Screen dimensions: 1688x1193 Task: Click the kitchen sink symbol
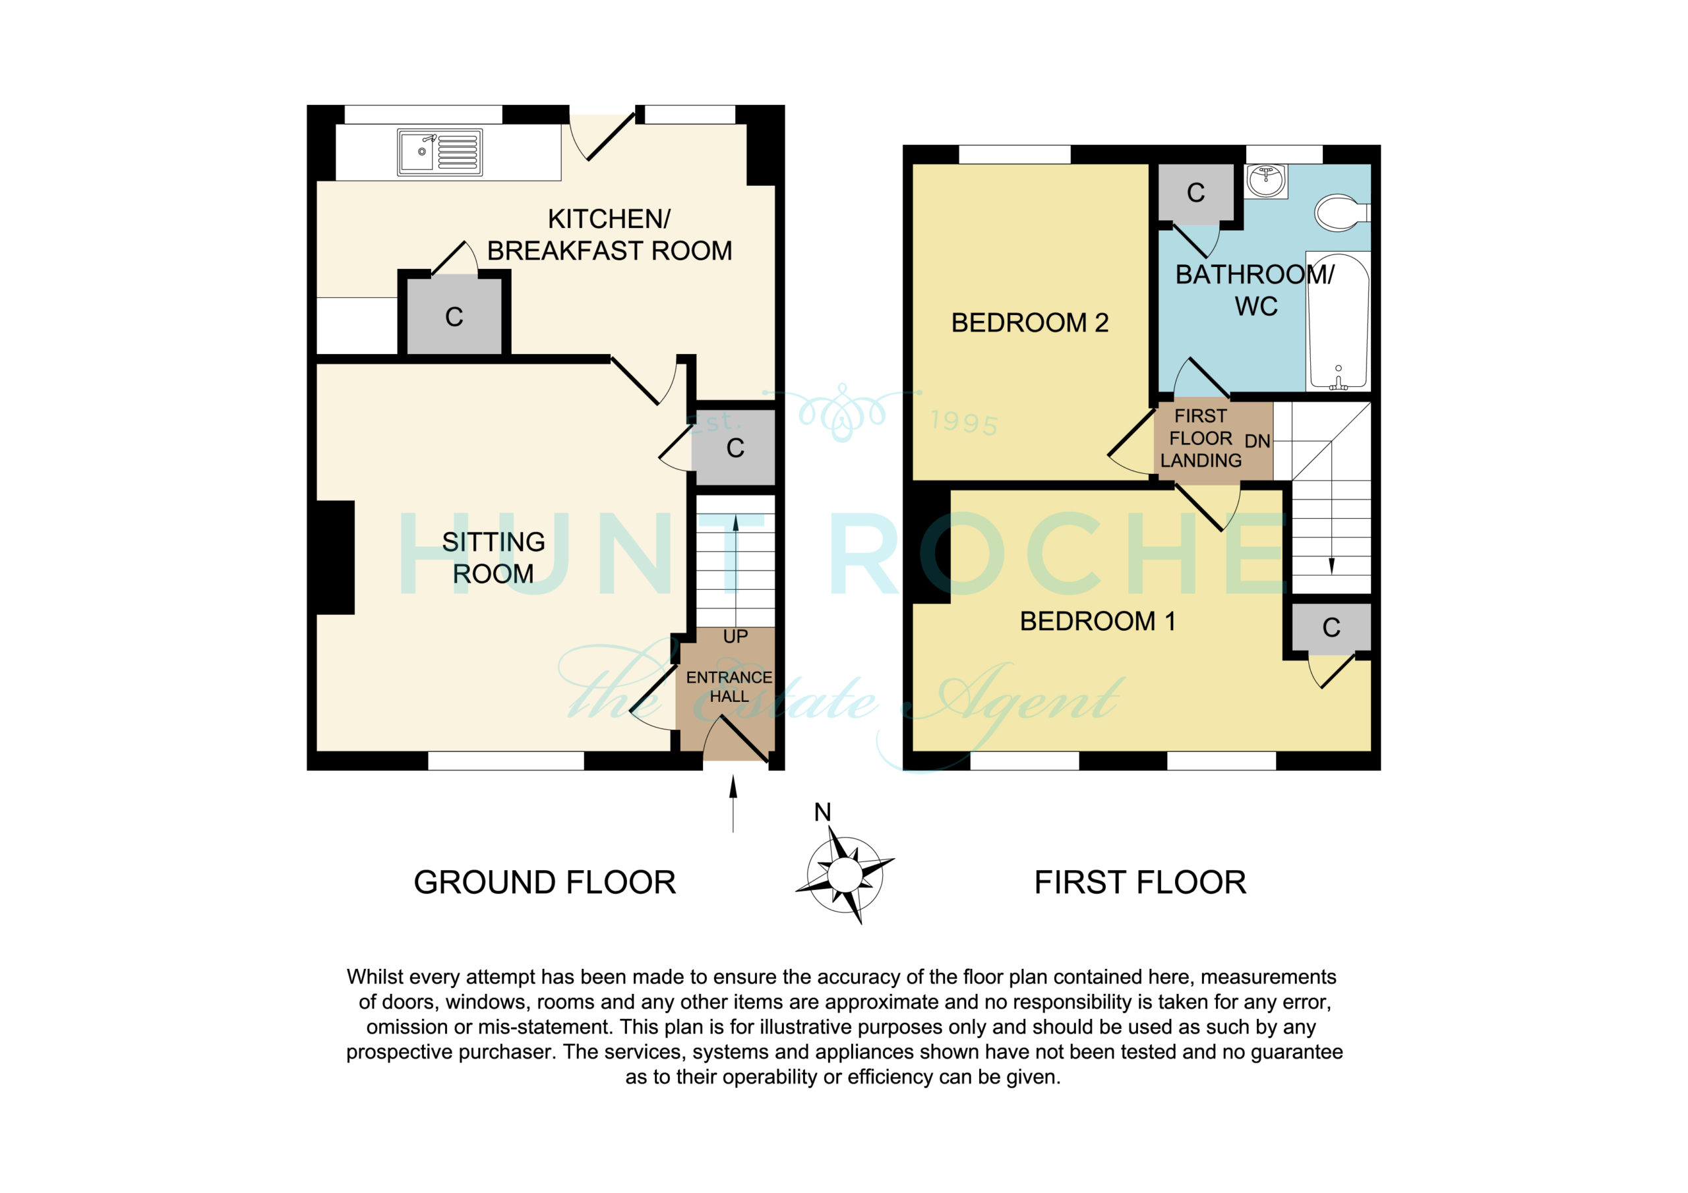[x=440, y=152]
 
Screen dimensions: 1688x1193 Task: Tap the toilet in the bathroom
[x=1342, y=212]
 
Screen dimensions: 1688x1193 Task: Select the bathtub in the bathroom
[x=1338, y=321]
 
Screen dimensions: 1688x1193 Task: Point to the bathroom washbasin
[x=1266, y=181]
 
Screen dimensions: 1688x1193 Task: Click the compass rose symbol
[x=845, y=875]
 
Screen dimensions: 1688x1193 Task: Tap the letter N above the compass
[x=823, y=812]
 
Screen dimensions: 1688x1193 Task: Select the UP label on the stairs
[x=735, y=637]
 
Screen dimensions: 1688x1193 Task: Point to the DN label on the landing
[x=1257, y=441]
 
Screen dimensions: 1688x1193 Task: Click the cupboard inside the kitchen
[x=454, y=317]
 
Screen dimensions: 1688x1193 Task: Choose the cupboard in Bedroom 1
[x=1331, y=627]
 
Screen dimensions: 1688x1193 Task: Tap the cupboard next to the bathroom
[x=1196, y=192]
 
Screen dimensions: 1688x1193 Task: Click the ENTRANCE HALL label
[x=729, y=687]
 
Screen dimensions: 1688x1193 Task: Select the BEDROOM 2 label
[x=1029, y=323]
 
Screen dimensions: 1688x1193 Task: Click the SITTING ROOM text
[x=493, y=558]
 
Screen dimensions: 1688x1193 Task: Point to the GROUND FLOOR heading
[x=545, y=882]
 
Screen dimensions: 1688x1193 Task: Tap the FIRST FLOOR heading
[x=1140, y=882]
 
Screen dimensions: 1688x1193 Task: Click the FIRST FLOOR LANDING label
[x=1201, y=438]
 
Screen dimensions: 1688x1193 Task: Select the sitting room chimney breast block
[x=335, y=557]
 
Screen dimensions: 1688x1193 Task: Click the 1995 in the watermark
[x=964, y=422]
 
